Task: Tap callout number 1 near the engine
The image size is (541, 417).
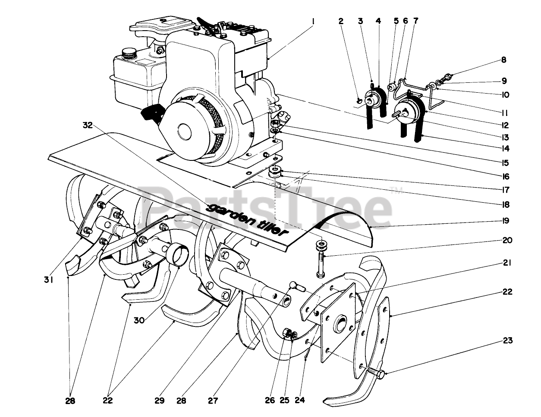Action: [314, 20]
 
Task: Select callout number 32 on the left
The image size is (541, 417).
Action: [88, 125]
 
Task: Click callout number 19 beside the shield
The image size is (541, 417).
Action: [505, 221]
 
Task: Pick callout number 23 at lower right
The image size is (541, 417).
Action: [507, 341]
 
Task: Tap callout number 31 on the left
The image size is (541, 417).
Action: [48, 280]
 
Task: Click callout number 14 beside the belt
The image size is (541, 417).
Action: [505, 149]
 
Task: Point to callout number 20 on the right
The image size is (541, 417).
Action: [507, 240]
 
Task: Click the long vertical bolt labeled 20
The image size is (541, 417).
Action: [321, 261]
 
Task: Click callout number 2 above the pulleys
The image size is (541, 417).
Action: [341, 20]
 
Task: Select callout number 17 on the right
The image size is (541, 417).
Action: [505, 189]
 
